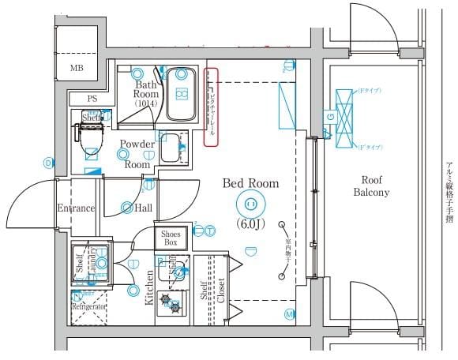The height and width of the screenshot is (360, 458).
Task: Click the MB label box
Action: pos(77,68)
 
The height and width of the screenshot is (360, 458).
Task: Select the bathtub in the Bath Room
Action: pos(181,94)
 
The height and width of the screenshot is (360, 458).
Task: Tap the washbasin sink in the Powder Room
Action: pos(170,147)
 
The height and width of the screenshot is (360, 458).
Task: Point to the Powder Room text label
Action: pos(136,154)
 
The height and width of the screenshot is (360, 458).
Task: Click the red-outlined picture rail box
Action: pos(211,107)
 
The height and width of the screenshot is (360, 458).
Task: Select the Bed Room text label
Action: pos(250,183)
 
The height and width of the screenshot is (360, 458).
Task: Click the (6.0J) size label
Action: pos(250,223)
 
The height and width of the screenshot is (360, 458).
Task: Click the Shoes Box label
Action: pos(171,238)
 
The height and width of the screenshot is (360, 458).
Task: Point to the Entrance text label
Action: pos(76,208)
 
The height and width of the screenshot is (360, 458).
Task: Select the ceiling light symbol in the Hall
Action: pos(127,208)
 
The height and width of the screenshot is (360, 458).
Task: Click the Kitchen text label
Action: pos(149,288)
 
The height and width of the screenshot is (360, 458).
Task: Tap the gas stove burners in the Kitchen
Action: pos(171,302)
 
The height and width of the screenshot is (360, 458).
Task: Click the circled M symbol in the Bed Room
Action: pos(289,314)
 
